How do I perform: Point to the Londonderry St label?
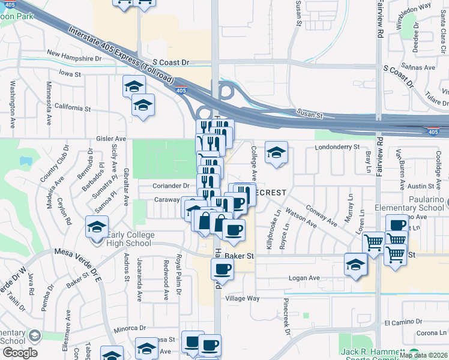336,146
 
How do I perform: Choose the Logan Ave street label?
304,278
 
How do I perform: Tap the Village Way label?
243,298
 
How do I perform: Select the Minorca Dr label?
130,328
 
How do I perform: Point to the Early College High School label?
127,239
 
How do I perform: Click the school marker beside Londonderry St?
277,153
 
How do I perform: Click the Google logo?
20,353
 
